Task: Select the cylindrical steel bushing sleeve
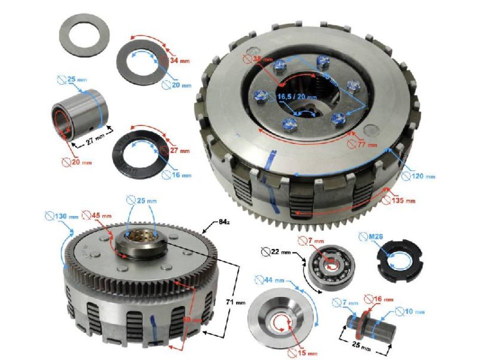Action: click(77, 114)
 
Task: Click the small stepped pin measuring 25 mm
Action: click(372, 323)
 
